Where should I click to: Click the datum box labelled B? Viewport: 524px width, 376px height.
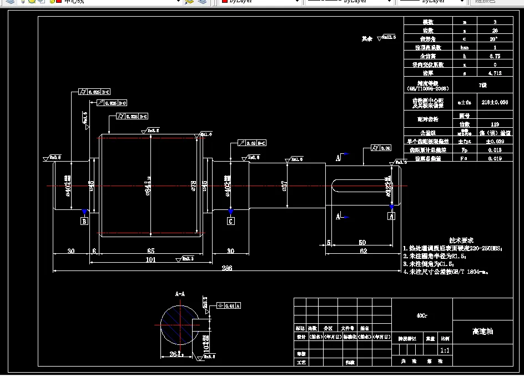coord(84,222)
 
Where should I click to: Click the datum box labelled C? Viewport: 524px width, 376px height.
coord(230,221)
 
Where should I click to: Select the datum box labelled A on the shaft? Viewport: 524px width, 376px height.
coord(391,217)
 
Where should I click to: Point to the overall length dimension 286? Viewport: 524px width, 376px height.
coord(226,268)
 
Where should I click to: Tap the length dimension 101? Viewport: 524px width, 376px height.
coord(150,259)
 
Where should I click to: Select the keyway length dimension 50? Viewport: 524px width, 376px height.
coord(362,243)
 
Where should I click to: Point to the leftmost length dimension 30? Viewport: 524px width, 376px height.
coord(71,251)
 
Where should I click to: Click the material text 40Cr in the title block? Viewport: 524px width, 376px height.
coord(422,315)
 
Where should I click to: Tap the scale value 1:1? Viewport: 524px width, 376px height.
coord(445,350)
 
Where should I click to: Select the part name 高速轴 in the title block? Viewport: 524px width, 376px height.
coord(482,332)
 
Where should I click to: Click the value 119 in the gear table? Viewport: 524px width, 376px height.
coord(494,124)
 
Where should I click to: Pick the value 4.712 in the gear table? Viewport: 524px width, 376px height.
coord(494,73)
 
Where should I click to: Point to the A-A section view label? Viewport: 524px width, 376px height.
coord(180,293)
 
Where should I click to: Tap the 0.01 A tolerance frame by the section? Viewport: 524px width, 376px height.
coord(229,305)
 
